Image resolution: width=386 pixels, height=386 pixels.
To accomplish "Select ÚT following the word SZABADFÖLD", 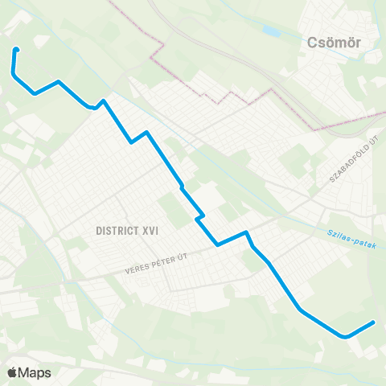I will coord(374,142).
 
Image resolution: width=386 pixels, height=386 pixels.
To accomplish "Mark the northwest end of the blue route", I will coord(16,50).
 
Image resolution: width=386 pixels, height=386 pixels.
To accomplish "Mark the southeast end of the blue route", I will coord(373,323).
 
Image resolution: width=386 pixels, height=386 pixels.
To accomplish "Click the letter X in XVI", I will coord(143,230).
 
